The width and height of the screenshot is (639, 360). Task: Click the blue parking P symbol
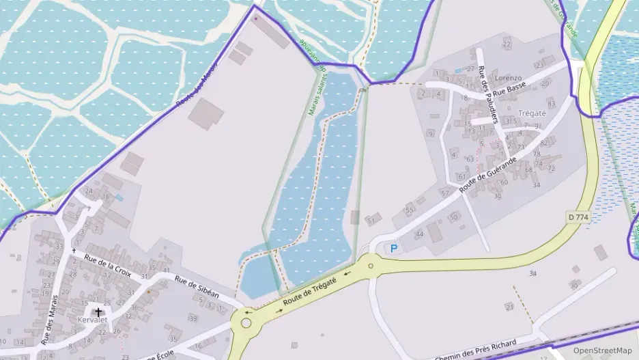click(393, 249)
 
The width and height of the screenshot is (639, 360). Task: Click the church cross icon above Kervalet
click(98, 311)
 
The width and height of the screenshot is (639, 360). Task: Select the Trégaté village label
click(532, 113)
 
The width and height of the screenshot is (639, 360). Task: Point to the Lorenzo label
click(508, 78)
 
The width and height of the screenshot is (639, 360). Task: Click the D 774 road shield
click(578, 217)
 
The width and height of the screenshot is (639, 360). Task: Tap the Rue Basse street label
click(509, 89)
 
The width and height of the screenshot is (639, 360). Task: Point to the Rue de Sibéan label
click(197, 286)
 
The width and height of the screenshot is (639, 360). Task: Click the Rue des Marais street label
click(49, 320)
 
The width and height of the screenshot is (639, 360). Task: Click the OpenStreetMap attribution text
click(602, 350)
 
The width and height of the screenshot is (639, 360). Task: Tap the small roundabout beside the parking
click(371, 266)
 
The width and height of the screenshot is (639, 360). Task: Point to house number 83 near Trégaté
click(551, 103)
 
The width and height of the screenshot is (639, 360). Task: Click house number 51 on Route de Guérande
click(371, 221)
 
